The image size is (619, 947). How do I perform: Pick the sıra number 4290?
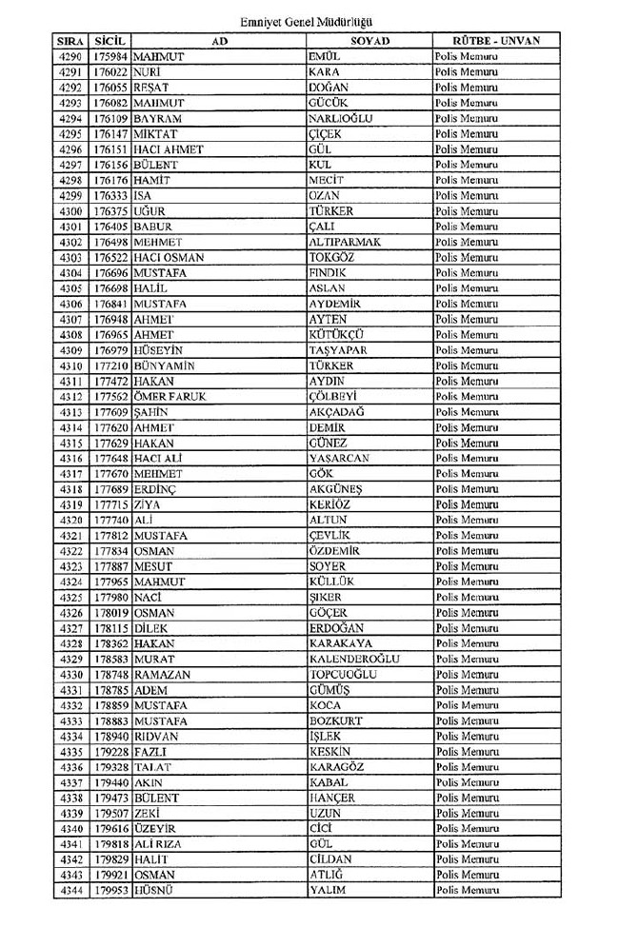70,57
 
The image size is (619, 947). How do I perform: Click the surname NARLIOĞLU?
340,119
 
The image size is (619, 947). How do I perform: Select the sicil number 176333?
111,196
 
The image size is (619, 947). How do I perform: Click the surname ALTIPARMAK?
345,242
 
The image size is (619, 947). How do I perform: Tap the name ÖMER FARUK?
170,397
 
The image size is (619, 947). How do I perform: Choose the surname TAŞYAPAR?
337,350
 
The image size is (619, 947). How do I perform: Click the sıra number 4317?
70,474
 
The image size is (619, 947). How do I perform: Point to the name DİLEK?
152,628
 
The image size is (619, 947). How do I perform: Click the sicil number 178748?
111,675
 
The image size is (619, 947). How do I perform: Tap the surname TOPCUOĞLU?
344,675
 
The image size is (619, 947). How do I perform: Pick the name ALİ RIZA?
158,844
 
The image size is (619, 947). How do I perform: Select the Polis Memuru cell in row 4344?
467,891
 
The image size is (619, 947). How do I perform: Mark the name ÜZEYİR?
155,829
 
